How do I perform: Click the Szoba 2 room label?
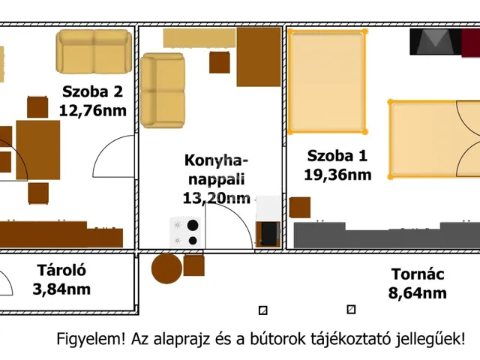pos(92,91)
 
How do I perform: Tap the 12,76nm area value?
pos(92,110)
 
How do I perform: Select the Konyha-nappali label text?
pos(216,169)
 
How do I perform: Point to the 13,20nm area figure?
pos(216,198)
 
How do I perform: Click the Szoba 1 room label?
pos(337,155)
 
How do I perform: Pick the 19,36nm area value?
pos(337,175)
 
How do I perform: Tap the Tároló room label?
pos(61,270)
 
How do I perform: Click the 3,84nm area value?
pos(61,289)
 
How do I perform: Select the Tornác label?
pos(418,274)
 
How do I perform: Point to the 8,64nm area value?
pos(417,293)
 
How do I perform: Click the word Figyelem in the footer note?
pos(91,339)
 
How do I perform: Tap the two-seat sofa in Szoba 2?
pos(94,52)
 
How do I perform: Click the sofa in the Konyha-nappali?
pos(163,90)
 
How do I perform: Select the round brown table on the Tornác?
pos(166,268)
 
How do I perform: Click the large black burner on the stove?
pos(193,225)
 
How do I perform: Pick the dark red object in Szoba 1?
pos(470,43)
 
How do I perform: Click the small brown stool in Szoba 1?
pos(300,208)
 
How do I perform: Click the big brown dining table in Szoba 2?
pos(38,150)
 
